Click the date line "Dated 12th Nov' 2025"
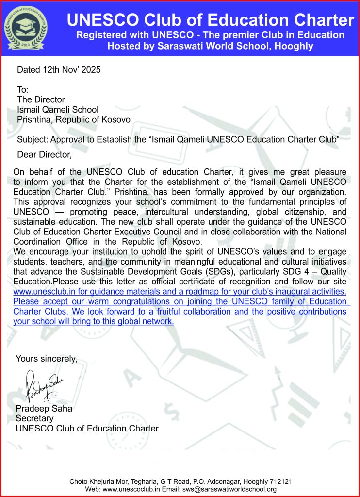59,70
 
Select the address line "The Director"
41,99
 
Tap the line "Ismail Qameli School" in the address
58,110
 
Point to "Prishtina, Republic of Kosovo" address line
74,119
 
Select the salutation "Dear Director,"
44,155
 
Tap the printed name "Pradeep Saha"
44,408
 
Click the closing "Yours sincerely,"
47,359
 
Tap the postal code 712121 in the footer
280,481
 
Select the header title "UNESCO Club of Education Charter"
210,20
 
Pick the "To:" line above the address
23,90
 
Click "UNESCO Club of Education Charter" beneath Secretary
87,428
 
